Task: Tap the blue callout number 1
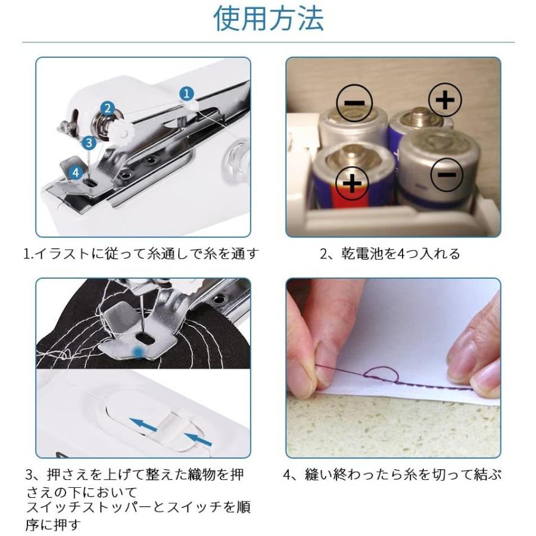[186, 94]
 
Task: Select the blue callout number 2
[108, 108]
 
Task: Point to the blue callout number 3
[89, 142]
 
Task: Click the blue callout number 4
[76, 172]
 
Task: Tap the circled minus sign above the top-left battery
[354, 103]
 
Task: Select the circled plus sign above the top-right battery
[445, 100]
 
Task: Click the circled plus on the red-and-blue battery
[352, 184]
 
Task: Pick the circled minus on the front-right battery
[447, 175]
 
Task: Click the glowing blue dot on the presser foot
[138, 351]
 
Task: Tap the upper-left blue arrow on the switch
[143, 425]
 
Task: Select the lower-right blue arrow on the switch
[198, 439]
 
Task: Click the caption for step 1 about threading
[141, 254]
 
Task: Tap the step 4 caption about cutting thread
[393, 475]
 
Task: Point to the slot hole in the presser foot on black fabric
[145, 340]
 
